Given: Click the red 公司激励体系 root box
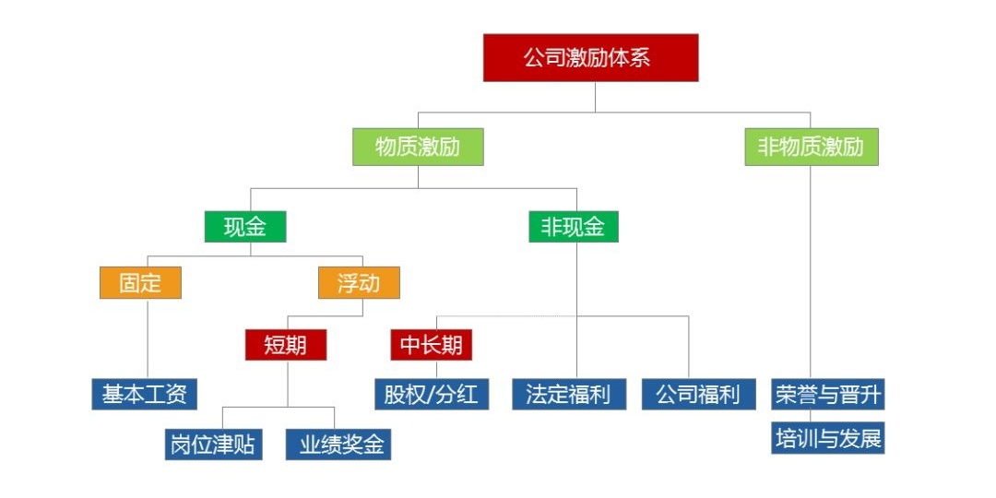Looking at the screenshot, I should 590,57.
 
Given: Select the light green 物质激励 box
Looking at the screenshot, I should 418,147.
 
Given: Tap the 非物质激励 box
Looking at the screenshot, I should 811,147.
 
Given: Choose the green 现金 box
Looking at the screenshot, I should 244,227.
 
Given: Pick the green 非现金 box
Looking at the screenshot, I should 573,227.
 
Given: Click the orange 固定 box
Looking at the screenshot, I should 140,282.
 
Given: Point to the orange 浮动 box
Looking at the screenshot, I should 359,282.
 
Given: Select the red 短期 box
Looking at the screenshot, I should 287,345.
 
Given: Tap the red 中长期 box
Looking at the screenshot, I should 432,345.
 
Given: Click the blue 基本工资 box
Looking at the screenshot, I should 145,395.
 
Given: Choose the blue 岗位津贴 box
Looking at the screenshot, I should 212,445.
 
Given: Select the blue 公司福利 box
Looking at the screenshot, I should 698,395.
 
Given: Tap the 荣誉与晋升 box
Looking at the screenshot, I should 828,395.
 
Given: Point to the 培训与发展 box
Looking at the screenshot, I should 828,439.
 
